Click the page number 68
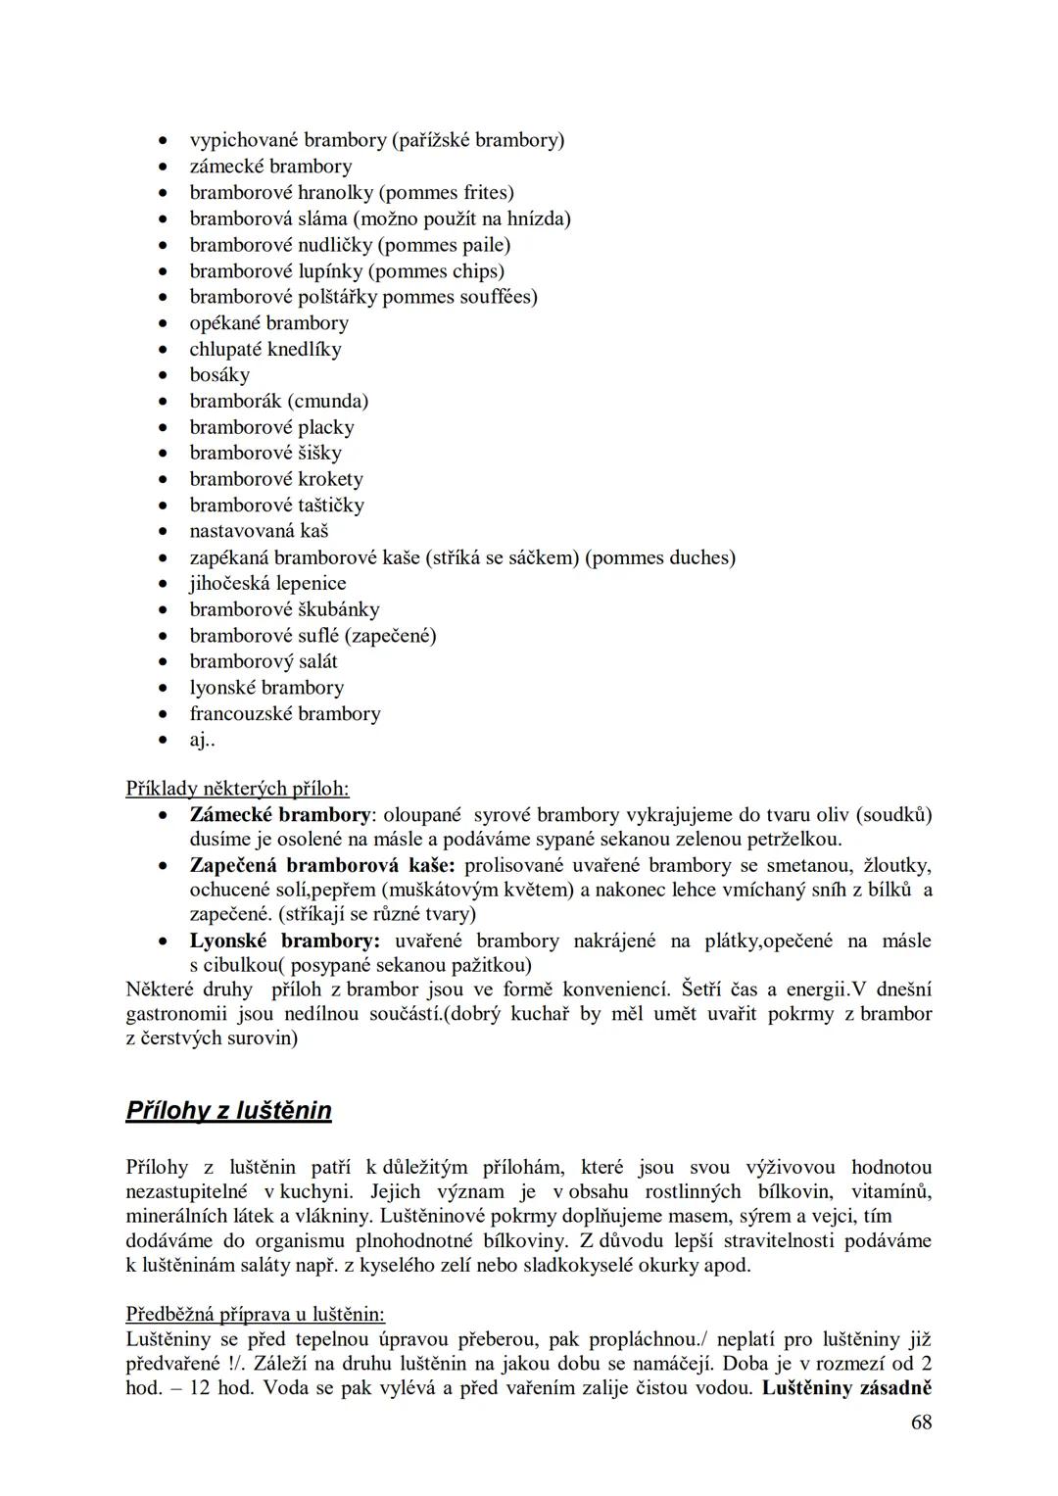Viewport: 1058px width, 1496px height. click(x=921, y=1422)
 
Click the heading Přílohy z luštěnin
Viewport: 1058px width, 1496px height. click(x=228, y=1110)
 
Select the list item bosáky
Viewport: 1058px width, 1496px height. click(x=219, y=375)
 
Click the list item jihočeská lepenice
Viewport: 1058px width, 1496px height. click(x=267, y=583)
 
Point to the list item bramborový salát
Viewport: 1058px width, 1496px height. click(x=264, y=661)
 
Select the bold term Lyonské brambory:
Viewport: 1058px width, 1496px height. click(x=284, y=941)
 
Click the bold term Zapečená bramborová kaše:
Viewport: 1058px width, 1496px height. click(x=322, y=866)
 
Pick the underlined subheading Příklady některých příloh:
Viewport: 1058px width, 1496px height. click(x=237, y=788)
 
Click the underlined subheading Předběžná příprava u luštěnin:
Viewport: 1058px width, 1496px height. click(x=255, y=1315)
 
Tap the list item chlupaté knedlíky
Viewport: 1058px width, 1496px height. click(x=265, y=349)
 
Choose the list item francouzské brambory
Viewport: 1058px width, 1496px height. click(x=285, y=713)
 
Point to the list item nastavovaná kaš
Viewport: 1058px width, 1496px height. click(x=259, y=531)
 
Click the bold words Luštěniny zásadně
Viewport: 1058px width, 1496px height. click(x=845, y=1387)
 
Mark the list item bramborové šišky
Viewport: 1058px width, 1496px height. click(x=265, y=453)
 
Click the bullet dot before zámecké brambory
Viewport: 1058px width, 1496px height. click(x=166, y=168)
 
